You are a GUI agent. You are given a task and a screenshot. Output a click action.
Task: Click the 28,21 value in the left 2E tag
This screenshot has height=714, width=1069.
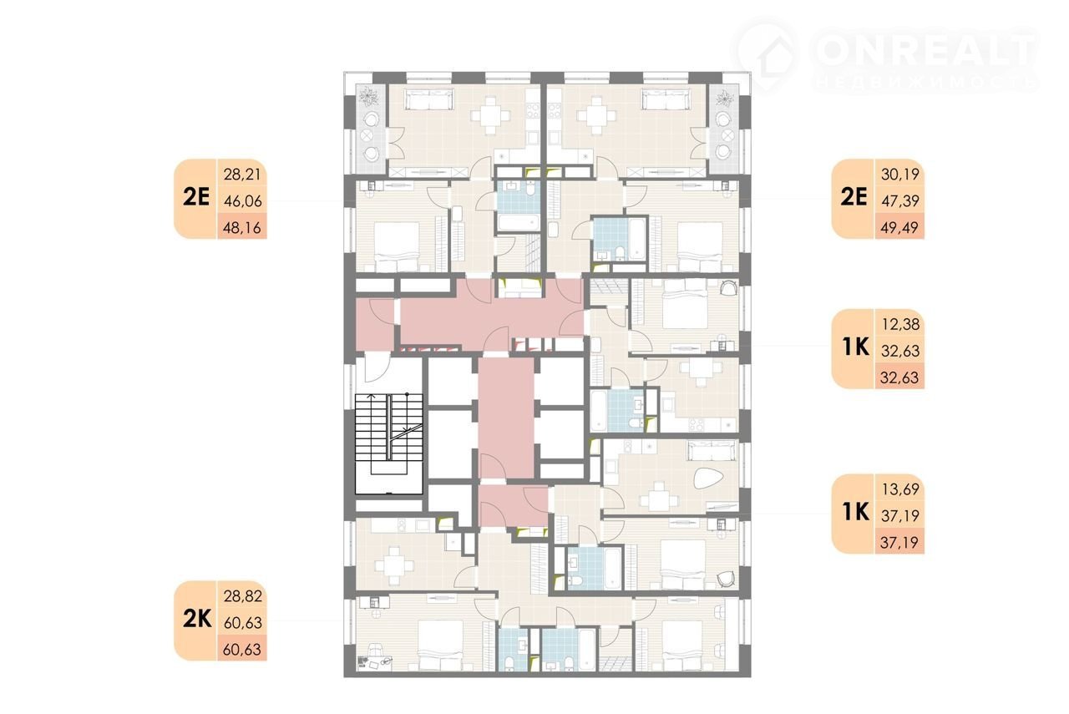(242, 175)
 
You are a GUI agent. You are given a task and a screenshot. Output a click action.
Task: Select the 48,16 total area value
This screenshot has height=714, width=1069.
(242, 228)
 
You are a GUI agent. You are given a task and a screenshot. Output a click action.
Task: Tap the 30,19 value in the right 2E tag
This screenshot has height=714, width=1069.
(900, 175)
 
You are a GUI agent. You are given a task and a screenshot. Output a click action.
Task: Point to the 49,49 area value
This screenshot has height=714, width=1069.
(899, 227)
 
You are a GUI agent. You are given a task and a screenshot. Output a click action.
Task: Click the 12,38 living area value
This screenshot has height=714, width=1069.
(900, 325)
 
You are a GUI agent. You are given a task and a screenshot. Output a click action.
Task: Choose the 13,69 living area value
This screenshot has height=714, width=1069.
(900, 489)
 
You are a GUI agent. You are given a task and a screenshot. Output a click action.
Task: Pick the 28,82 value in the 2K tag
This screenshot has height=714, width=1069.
(243, 596)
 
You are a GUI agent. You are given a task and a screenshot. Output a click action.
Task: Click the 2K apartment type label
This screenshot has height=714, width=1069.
(197, 620)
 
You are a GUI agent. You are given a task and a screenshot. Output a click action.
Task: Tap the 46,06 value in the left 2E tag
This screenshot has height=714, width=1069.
(242, 201)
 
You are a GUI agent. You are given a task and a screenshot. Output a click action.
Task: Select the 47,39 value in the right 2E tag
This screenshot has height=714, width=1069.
(900, 200)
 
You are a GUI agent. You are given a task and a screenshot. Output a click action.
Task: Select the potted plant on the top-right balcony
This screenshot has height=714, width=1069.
(724, 98)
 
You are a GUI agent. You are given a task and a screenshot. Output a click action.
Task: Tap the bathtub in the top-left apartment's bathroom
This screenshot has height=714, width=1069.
(519, 223)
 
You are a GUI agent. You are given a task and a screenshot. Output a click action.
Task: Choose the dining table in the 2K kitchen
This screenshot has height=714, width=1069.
(394, 566)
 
